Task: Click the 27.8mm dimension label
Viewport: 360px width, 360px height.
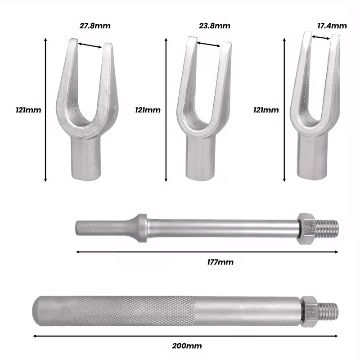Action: pos(95,26)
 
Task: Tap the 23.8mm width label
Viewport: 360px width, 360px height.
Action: pos(215,26)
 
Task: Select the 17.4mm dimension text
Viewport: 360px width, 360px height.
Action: pos(332,26)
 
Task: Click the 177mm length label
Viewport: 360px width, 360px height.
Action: pos(220,262)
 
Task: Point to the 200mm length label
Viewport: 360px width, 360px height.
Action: pos(187,346)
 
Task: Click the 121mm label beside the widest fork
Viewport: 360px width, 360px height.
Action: pos(28,110)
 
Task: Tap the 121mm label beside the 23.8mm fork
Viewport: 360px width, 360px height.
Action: pos(148,110)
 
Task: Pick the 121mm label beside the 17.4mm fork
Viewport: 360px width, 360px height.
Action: pos(266,110)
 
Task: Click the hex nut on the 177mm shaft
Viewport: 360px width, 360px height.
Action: pos(307,229)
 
